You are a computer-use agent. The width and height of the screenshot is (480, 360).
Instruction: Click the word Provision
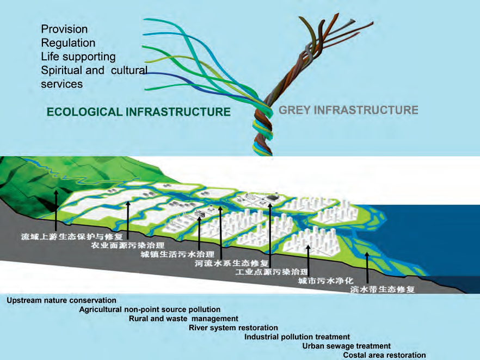64,29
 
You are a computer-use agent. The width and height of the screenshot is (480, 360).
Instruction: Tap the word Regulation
68,43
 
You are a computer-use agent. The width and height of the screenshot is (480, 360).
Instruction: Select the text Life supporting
78,57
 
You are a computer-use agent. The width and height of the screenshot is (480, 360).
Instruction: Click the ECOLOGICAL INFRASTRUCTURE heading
139,112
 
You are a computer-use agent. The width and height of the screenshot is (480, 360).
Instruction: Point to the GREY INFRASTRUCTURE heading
348,110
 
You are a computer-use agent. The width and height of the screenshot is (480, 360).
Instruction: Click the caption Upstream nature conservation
61,300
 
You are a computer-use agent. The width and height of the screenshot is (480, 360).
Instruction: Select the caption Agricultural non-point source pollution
150,309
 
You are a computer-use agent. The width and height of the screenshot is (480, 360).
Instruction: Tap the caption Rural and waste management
183,319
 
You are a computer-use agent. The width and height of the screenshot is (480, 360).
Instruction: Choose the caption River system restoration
233,328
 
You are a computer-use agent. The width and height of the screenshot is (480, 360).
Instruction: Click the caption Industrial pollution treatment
297,337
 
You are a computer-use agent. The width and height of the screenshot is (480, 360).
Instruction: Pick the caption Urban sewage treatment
347,346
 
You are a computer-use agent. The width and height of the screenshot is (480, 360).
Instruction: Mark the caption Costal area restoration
385,356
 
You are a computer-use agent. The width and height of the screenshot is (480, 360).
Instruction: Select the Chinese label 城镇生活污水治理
177,255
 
